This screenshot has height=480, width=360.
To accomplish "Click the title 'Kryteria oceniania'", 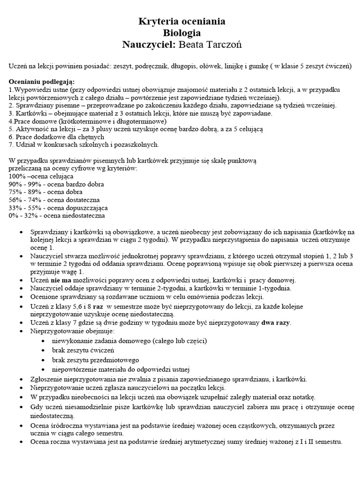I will point(182,22).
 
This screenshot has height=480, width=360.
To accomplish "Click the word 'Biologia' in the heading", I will point(182,33).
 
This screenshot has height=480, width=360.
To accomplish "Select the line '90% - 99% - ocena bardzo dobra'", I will point(55,184).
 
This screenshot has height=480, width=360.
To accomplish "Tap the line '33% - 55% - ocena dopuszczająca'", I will point(58,208).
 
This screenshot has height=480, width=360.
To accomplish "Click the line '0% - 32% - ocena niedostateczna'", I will point(57,216).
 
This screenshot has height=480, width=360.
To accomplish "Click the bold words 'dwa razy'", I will point(276,322).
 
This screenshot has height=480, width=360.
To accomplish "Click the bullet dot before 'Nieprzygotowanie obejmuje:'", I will point(19,331).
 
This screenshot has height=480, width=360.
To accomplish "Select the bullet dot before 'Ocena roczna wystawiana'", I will point(19,442).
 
